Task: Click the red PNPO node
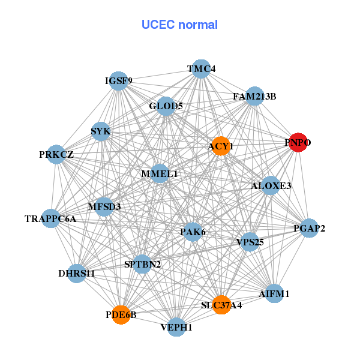coord(298,143)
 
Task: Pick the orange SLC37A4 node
coord(221,305)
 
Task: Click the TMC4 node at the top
coord(202,69)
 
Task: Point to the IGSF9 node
coord(119,81)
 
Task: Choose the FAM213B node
coord(255,96)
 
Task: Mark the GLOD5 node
coord(166,107)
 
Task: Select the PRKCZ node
coord(56,154)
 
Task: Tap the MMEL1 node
coord(160,173)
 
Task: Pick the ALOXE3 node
coord(271,186)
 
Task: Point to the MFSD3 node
coord(104,207)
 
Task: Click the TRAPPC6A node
coord(50,218)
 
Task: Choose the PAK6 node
coord(193,232)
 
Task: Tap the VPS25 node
coord(250,242)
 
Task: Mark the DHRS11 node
coord(77,274)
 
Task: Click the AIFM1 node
coord(274,294)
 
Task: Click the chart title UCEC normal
coord(179,25)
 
